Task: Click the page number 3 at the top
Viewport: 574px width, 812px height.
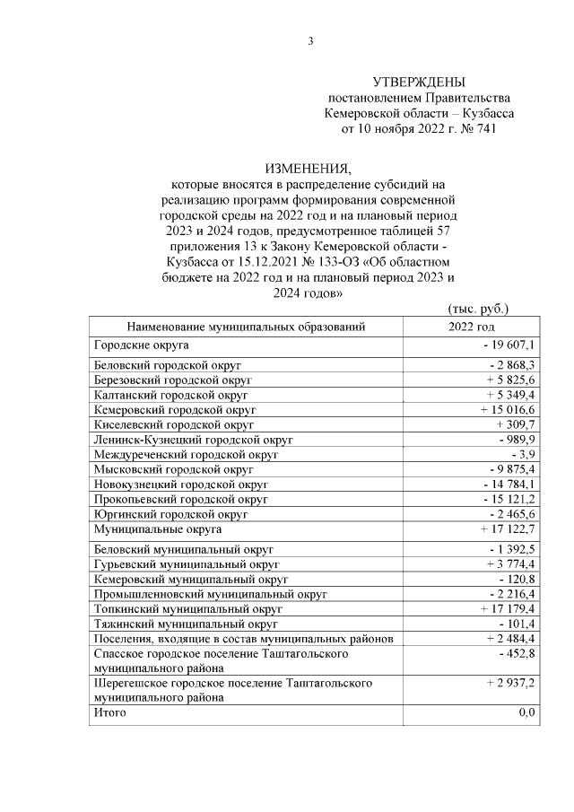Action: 310,40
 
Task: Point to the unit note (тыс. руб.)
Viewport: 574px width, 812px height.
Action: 477,309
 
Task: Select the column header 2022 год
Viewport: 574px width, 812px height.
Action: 471,327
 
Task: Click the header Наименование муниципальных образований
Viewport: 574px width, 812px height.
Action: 246,327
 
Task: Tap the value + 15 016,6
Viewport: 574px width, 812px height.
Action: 504,409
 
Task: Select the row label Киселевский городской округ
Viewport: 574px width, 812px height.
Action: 174,424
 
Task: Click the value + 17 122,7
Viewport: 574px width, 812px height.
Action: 504,529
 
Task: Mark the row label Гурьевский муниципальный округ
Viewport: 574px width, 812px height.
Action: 187,564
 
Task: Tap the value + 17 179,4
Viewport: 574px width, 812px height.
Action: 504,608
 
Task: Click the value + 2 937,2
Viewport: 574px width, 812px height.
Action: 508,683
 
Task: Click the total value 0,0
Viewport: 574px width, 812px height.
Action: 526,712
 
